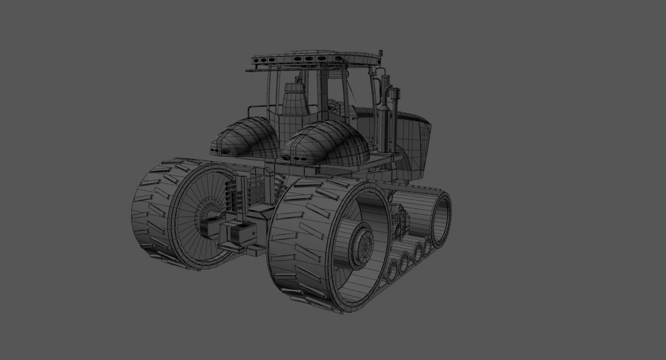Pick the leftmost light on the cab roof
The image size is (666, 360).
click(257, 60)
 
